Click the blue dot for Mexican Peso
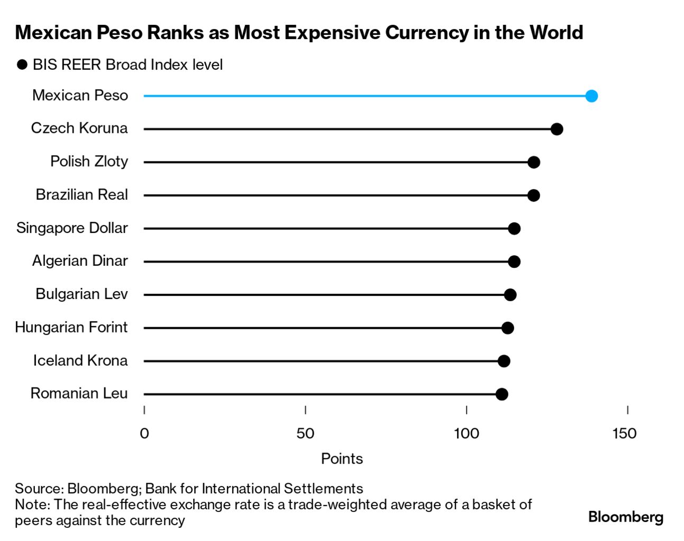591,96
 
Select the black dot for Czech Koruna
557,129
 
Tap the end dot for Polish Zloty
534,162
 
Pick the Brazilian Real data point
534,195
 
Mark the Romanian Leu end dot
501,394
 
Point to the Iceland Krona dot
504,361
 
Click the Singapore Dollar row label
72,228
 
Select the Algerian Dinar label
80,260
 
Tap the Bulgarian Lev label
81,294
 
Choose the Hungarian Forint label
71,327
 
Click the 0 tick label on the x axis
144,434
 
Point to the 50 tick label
305,434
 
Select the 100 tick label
466,434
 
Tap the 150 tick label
624,434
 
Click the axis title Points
342,458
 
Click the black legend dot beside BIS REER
22,65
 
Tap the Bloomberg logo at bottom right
625,517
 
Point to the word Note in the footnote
31,504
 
